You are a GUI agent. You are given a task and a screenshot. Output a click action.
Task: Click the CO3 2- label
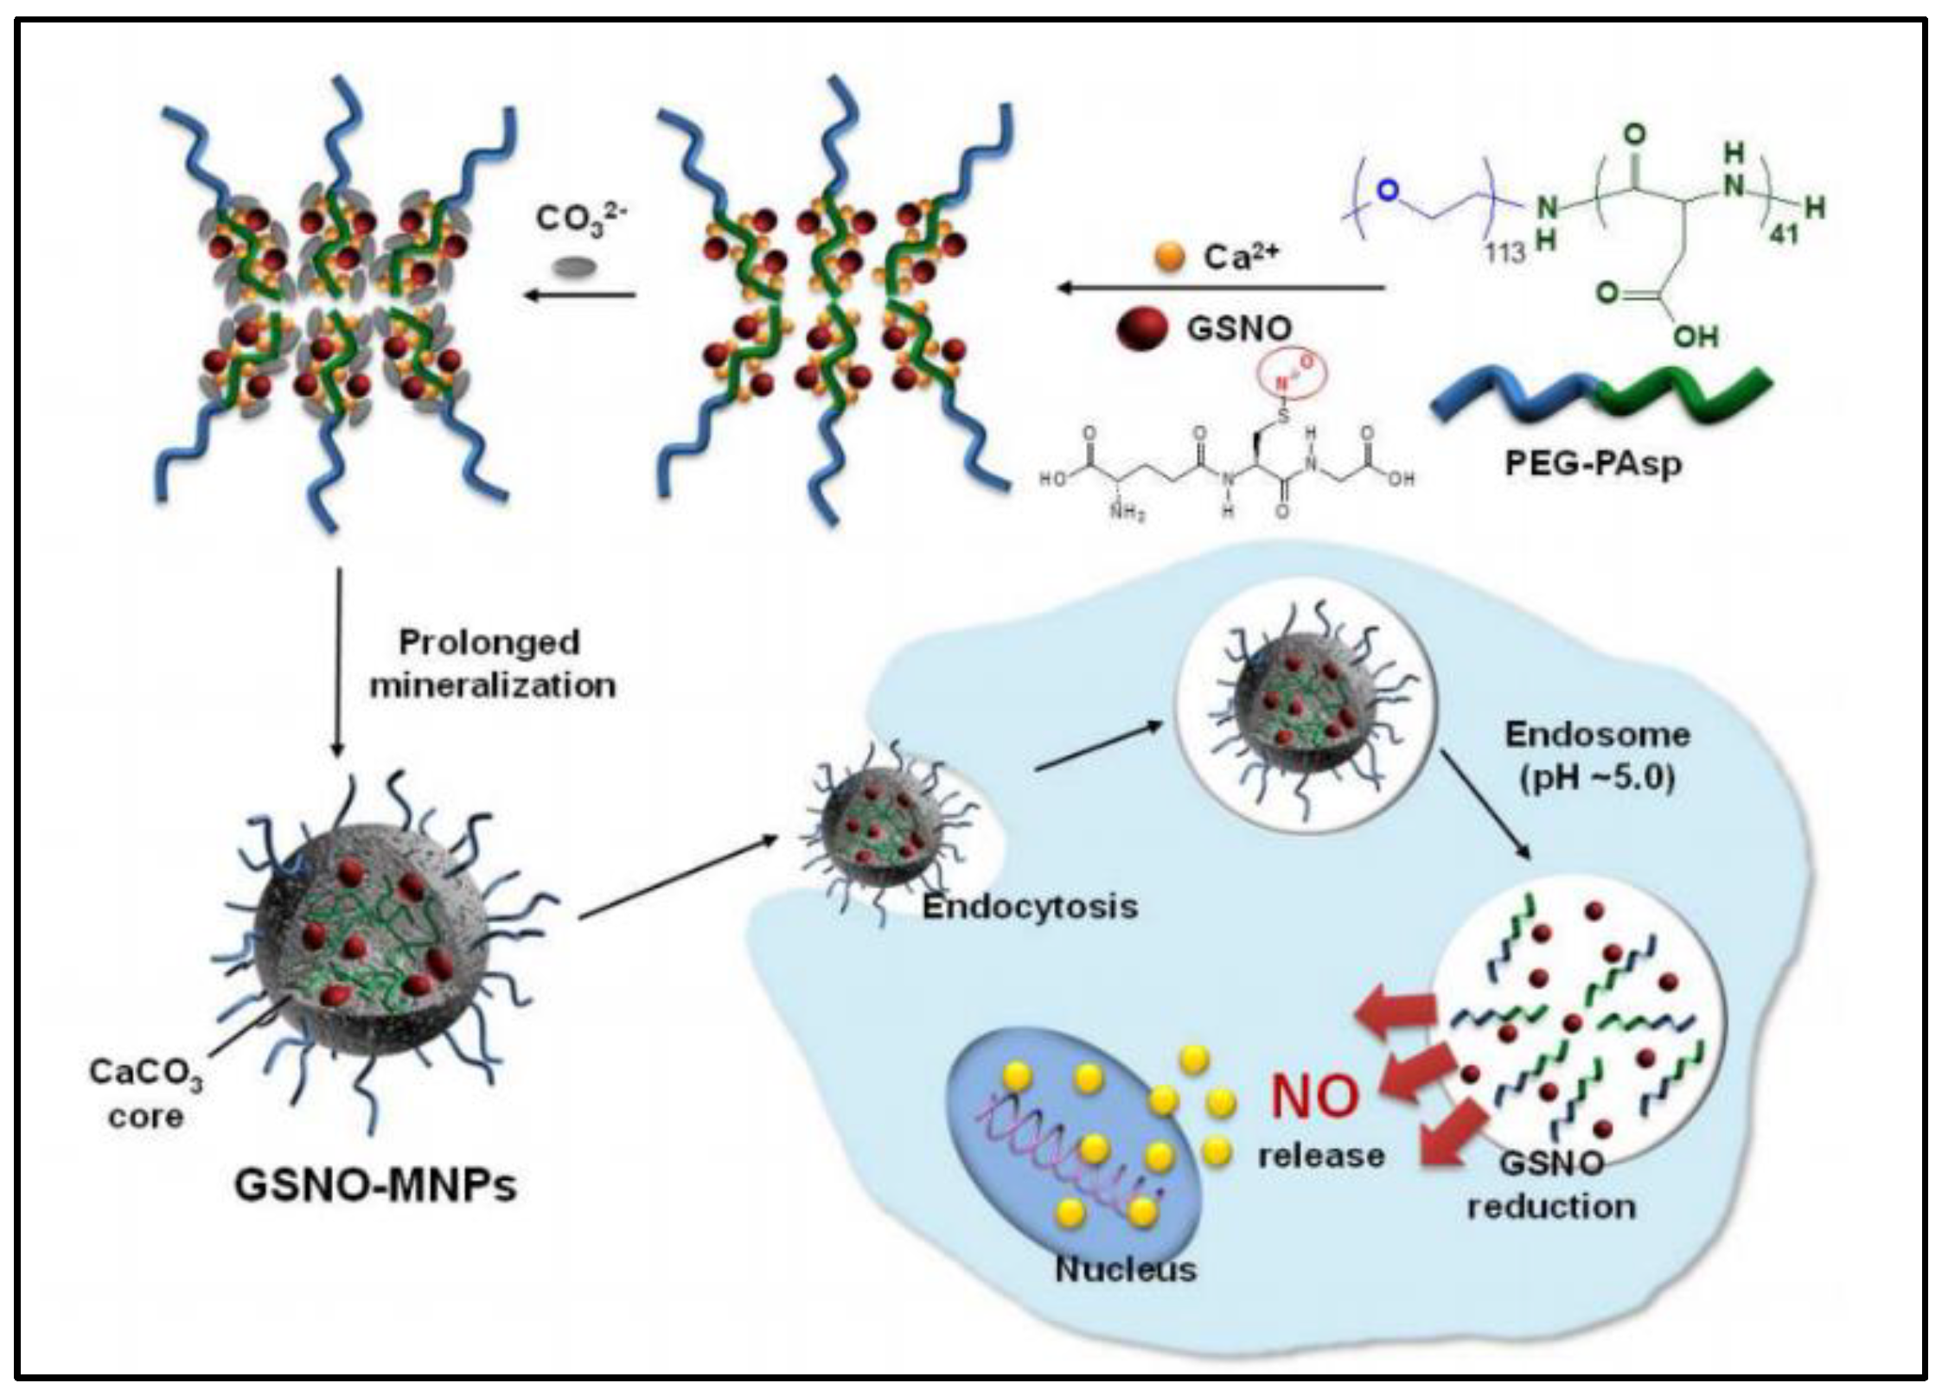tap(580, 219)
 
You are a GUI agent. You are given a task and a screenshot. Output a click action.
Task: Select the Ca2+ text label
tap(1241, 256)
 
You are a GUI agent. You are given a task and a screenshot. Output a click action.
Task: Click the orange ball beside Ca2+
tap(1169, 257)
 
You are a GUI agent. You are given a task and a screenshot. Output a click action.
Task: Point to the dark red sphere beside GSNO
tap(1141, 329)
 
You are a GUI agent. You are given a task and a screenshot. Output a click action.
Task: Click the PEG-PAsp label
tap(1594, 464)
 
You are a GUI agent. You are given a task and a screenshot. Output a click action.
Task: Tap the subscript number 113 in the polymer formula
tap(1504, 252)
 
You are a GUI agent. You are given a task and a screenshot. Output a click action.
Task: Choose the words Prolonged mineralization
tap(493, 664)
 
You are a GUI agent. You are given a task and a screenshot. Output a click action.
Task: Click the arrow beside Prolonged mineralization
tap(338, 661)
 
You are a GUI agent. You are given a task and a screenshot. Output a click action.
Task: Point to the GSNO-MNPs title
tap(375, 1185)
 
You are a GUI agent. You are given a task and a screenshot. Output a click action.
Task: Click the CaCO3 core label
tap(145, 1093)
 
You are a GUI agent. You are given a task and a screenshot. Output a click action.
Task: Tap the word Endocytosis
tap(1030, 907)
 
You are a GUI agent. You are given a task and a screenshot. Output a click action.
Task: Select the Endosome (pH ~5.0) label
tap(1597, 755)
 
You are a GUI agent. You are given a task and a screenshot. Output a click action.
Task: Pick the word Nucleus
tap(1126, 1269)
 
